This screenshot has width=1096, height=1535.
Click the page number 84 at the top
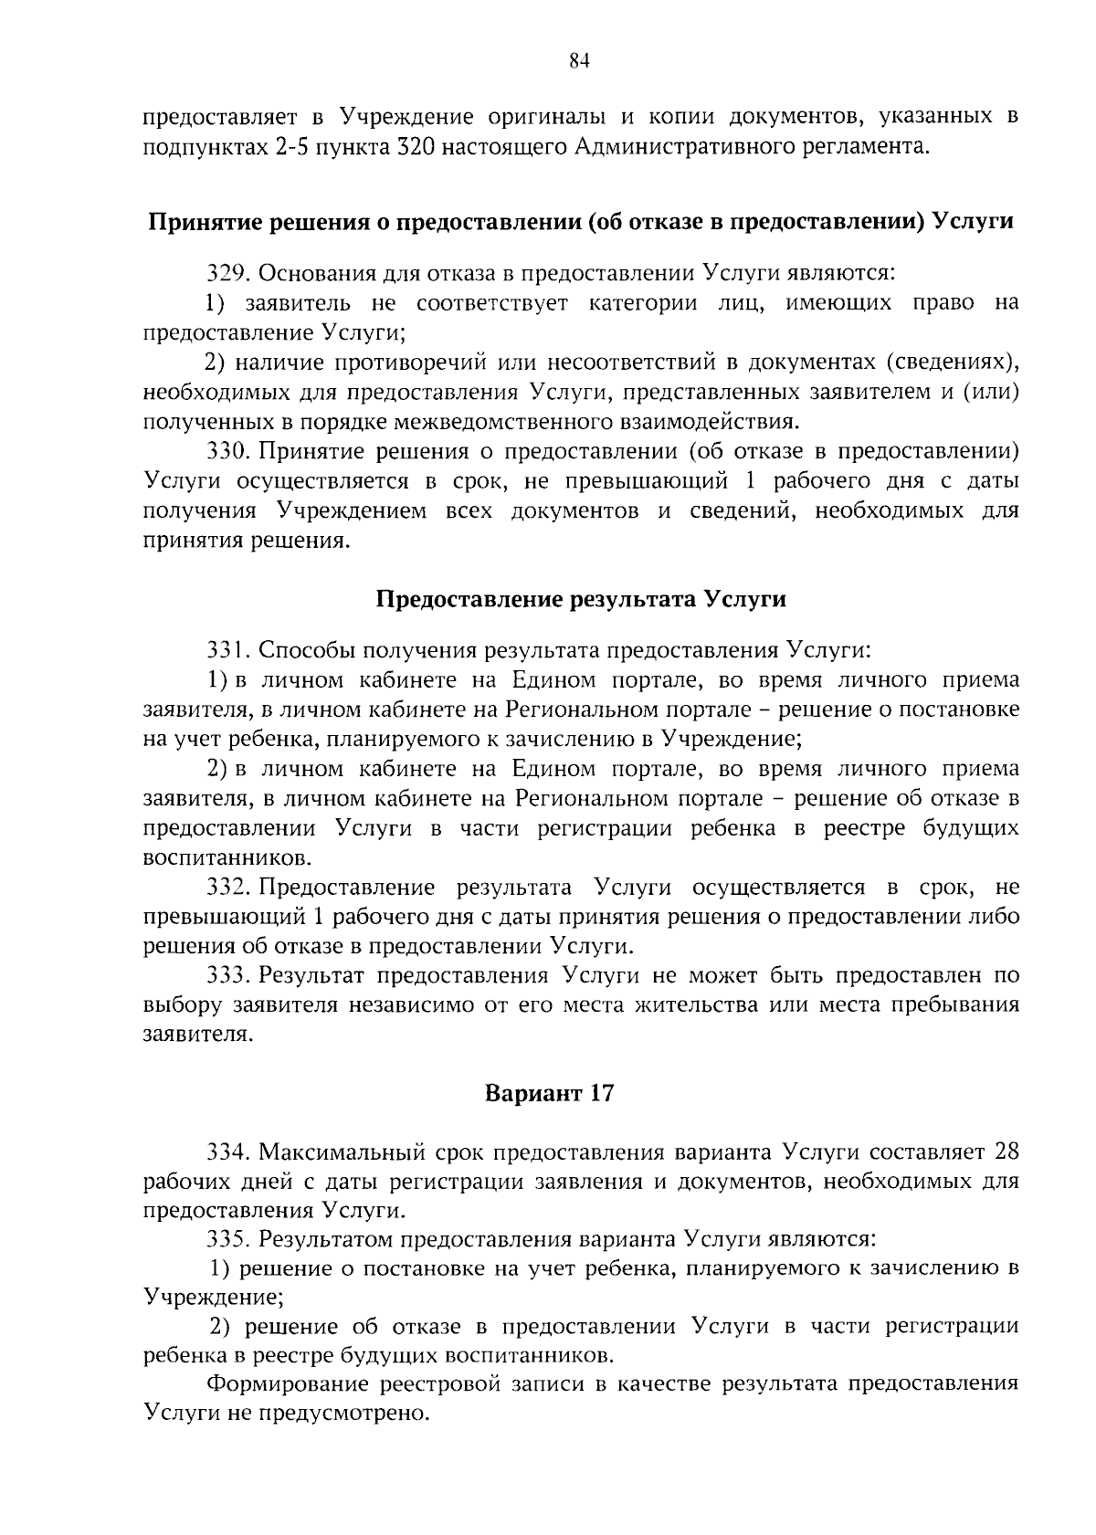(580, 61)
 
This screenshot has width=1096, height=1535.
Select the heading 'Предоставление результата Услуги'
(581, 599)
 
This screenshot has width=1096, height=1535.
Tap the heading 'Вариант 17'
(549, 1093)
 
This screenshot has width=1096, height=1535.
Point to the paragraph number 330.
(228, 451)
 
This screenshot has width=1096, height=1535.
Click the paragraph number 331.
(228, 650)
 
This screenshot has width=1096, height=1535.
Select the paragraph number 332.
(228, 888)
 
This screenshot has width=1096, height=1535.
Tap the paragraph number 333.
(228, 975)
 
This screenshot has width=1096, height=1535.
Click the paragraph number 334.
(228, 1152)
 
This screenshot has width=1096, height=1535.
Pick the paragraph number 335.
(228, 1240)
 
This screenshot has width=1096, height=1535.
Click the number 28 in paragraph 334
(1005, 1152)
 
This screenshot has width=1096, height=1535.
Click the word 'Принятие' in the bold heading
(199, 223)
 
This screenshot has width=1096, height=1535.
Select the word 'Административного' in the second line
(688, 146)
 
